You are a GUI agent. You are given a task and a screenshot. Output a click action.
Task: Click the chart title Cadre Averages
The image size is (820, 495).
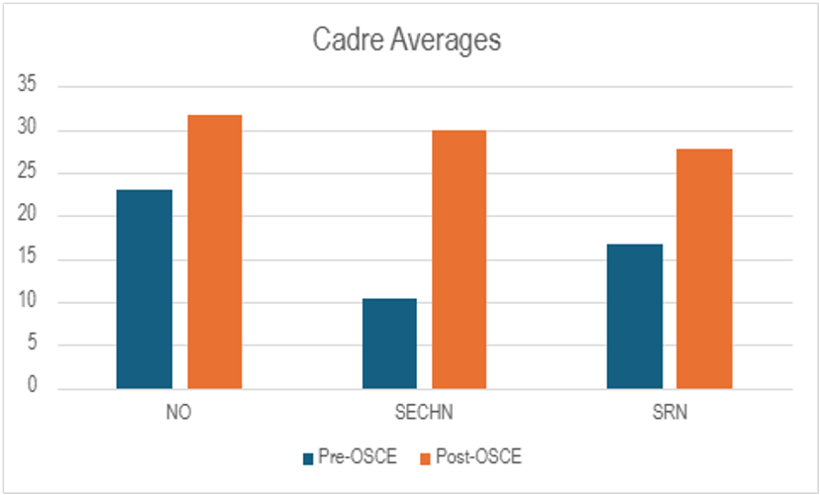(408, 41)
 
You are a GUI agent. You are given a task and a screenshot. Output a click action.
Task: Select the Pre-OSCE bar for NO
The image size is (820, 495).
(144, 289)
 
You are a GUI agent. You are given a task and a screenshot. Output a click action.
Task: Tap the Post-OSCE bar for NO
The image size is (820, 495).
(215, 251)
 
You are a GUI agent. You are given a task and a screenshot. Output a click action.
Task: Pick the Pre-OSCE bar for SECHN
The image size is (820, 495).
(389, 344)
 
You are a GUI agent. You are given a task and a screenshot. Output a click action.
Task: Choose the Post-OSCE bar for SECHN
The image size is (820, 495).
(459, 259)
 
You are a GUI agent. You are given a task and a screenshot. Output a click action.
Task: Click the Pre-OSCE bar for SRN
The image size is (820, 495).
(634, 316)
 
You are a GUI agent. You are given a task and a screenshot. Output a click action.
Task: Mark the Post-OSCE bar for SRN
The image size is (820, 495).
(704, 268)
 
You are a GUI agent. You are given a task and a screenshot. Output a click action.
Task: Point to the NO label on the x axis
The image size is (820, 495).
(179, 413)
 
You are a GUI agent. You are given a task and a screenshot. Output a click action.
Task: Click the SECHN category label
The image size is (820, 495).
(424, 413)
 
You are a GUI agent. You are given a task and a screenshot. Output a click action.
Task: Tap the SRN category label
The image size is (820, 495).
(668, 413)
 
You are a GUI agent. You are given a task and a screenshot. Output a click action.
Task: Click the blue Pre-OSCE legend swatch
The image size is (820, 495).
(308, 457)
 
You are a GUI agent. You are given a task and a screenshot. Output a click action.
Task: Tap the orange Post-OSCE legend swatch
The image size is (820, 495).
(426, 457)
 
